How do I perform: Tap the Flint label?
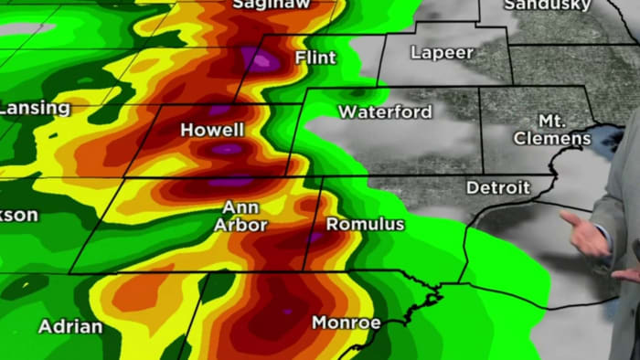[315, 58]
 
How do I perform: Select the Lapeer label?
[442, 52]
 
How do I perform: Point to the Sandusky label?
[549, 5]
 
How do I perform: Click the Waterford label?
[385, 111]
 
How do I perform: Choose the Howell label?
[212, 130]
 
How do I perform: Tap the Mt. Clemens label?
[552, 130]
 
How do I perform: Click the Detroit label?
[498, 187]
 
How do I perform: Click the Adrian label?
[69, 325]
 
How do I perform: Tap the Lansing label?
[33, 108]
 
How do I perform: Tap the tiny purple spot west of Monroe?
[287, 312]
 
